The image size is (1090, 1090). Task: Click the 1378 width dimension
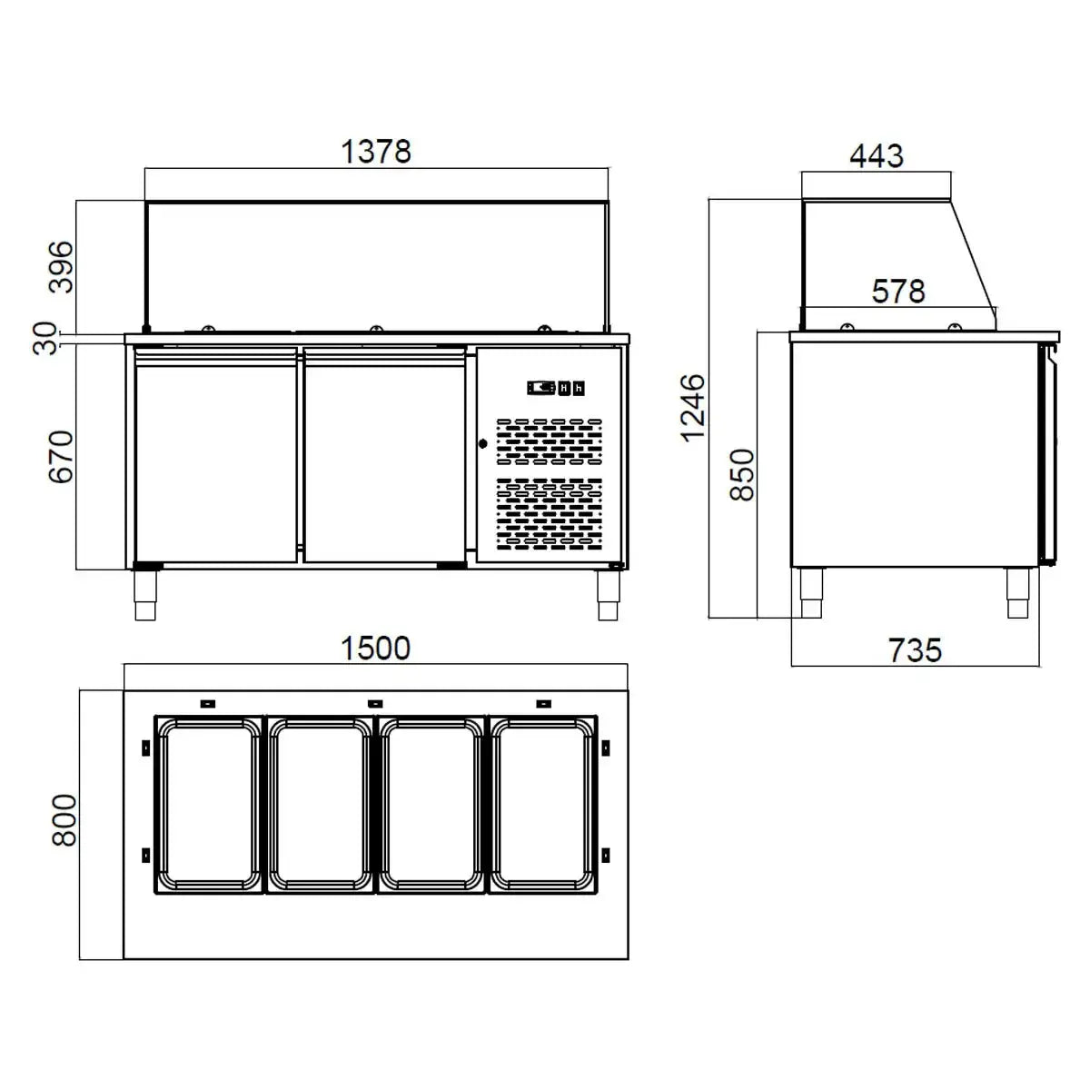pos(376,151)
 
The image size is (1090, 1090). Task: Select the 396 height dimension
pos(62,265)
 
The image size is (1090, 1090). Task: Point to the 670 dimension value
pos(62,456)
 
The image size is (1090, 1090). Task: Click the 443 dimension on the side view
pos(877,155)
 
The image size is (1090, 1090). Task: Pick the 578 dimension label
pos(897,291)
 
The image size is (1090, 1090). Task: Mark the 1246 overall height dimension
pos(693,407)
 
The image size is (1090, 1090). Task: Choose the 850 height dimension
pos(742,474)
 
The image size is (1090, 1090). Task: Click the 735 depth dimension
pos(914,650)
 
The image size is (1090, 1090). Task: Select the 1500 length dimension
pos(376,649)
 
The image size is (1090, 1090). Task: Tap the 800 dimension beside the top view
pos(64,820)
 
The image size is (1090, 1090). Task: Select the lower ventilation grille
pos(549,515)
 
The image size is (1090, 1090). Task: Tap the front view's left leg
pos(145,597)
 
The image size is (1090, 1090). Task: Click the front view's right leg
pos(608,597)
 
